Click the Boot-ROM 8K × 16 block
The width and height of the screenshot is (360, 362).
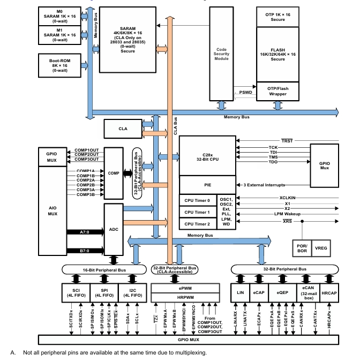pyautogui.click(x=59, y=65)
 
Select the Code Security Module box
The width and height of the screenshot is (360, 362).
pyautogui.click(x=221, y=54)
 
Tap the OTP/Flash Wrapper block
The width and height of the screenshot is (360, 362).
pyautogui.click(x=277, y=92)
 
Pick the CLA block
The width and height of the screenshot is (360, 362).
pyautogui.click(x=123, y=129)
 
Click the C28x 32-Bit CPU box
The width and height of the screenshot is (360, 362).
pyautogui.click(x=207, y=156)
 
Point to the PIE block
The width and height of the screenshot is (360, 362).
pyautogui.click(x=207, y=185)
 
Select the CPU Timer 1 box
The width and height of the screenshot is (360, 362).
pyautogui.click(x=198, y=212)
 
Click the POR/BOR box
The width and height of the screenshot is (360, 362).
pyautogui.click(x=302, y=248)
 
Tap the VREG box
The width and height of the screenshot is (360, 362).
pyautogui.click(x=321, y=248)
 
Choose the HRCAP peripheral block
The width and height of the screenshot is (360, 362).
pyautogui.click(x=329, y=293)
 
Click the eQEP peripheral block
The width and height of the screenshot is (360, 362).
pyautogui.click(x=282, y=293)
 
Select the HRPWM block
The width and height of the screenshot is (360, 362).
pyautogui.click(x=185, y=298)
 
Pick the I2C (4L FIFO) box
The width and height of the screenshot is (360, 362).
pyautogui.click(x=132, y=293)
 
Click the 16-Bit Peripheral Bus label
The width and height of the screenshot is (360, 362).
pyautogui.click(x=104, y=270)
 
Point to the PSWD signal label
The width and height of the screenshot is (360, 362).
pyautogui.click(x=245, y=92)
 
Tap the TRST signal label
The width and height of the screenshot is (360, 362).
pyautogui.click(x=287, y=141)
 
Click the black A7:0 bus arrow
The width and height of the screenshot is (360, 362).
pyautogui.click(x=85, y=232)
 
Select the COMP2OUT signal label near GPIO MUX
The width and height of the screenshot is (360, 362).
pyautogui.click(x=87, y=154)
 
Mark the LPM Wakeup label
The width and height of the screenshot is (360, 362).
pyautogui.click(x=287, y=214)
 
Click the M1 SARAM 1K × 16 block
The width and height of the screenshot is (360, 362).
pyautogui.click(x=59, y=35)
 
